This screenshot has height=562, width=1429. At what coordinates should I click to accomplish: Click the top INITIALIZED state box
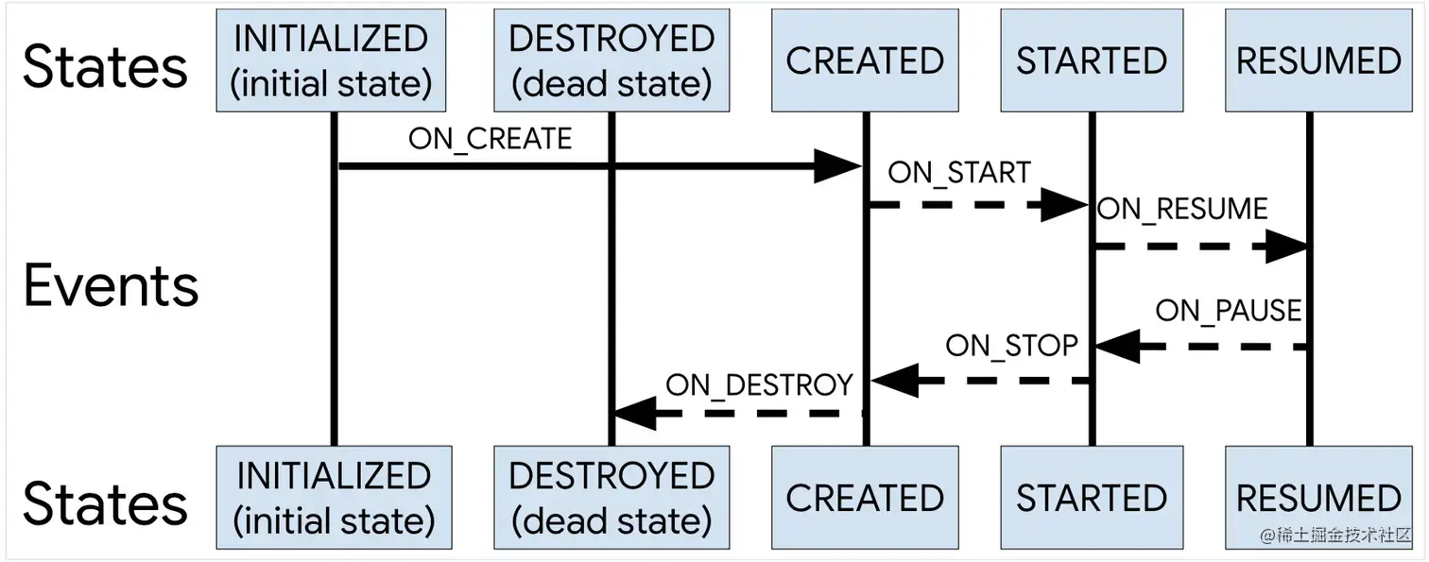coord(331,60)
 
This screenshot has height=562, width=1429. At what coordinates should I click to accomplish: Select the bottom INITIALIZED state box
coord(335,498)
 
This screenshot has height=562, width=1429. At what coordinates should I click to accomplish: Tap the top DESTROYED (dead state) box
coord(611,60)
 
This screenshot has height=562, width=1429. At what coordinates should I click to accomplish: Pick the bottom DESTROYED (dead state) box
coord(611,498)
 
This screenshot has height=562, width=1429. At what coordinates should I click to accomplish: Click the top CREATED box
coord(865,60)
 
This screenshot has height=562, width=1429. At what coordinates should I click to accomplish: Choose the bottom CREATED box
coord(865,498)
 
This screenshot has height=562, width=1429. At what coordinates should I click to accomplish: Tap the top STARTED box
coord(1093,60)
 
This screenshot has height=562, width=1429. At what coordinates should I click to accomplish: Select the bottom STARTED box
coord(1093,498)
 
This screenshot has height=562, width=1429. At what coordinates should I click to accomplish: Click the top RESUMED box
coord(1318,60)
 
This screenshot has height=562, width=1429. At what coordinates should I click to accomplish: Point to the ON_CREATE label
coord(490,139)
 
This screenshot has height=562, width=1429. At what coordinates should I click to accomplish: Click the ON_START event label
coord(959,173)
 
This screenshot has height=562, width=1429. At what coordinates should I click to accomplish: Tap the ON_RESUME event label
coord(1182,210)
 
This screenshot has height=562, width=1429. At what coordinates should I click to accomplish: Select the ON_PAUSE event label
coord(1229,311)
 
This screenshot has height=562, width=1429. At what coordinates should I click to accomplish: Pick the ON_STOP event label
coord(1012,346)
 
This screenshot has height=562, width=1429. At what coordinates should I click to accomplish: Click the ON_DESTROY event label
coord(759,385)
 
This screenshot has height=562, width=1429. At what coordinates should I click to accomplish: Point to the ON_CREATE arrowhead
coord(837,166)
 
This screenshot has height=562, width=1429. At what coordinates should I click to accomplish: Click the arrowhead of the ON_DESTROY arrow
coord(635,414)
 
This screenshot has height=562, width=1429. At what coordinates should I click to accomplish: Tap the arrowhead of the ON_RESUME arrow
coord(1287,247)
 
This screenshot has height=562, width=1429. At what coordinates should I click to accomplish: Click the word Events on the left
coord(111,286)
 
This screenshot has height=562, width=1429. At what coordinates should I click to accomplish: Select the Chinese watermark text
coord(1335,535)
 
